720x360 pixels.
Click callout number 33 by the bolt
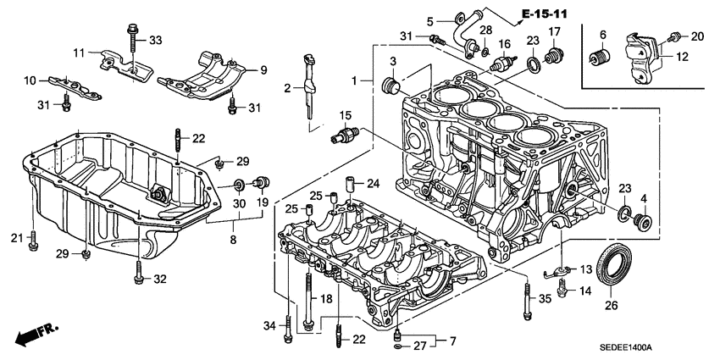(155, 40)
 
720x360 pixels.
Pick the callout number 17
(555, 32)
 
